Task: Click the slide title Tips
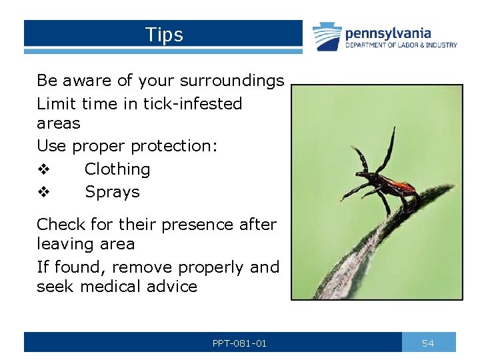tap(164, 35)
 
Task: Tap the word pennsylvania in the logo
tap(388, 33)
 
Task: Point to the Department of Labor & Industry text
tap(401, 45)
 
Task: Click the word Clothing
tap(117, 169)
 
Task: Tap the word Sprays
tap(112, 192)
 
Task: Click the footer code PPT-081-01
tap(239, 343)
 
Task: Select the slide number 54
tap(428, 343)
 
